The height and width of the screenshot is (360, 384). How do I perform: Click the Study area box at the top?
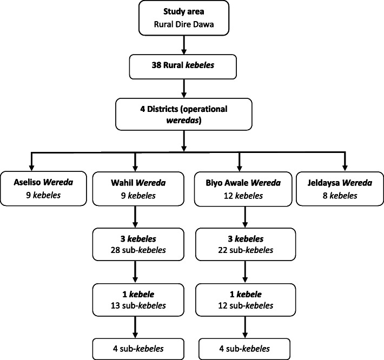(185, 17)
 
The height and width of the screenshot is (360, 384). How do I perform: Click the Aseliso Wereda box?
(44, 189)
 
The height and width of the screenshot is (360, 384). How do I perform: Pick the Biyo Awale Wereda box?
(239, 189)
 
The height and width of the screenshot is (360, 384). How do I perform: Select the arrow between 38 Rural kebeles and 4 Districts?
(185, 90)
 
